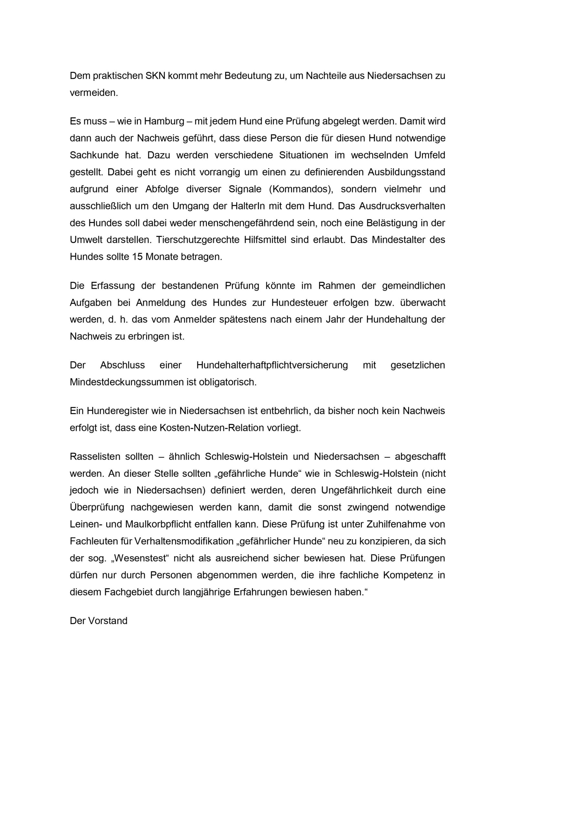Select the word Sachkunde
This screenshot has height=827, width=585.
click(94, 155)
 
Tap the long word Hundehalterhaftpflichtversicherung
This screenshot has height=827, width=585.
click(272, 365)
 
